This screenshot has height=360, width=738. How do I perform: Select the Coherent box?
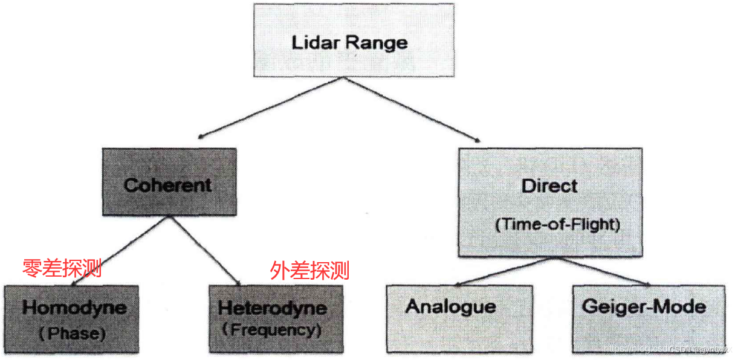pyautogui.click(x=169, y=182)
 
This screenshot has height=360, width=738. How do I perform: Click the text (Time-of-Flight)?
pyautogui.click(x=557, y=225)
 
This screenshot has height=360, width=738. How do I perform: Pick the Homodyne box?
pyautogui.click(x=71, y=318)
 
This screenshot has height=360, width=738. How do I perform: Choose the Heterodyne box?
pyautogui.click(x=275, y=318)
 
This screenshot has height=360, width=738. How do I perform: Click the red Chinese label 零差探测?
pyautogui.click(x=62, y=268)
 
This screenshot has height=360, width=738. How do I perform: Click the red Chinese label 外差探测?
pyautogui.click(x=309, y=269)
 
